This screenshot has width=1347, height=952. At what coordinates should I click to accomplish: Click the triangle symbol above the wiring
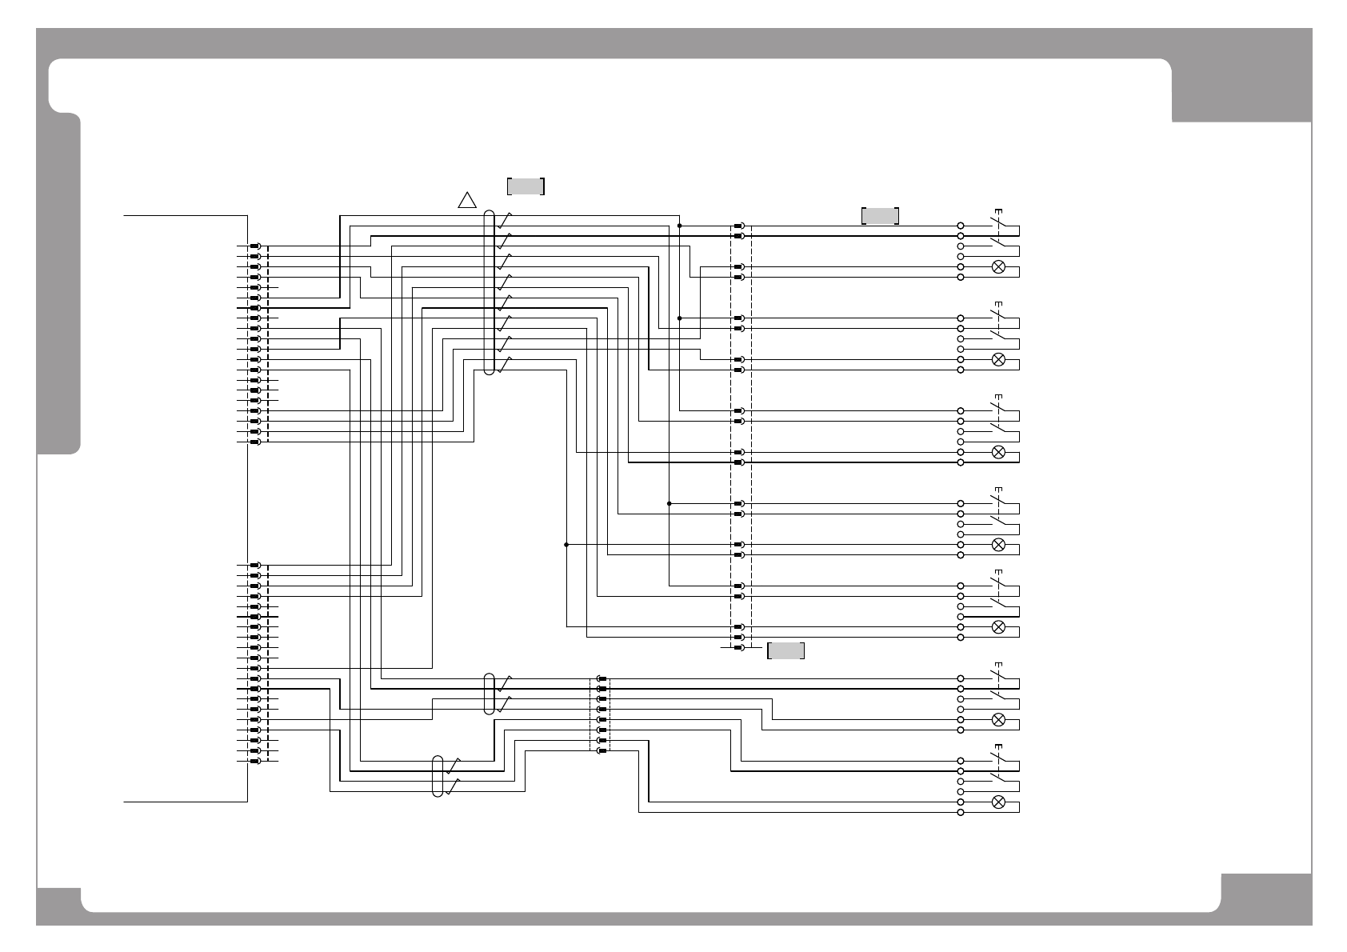point(467,200)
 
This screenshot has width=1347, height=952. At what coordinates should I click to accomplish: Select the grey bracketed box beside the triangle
point(526,186)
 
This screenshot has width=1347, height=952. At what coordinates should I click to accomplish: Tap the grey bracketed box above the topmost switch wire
point(880,216)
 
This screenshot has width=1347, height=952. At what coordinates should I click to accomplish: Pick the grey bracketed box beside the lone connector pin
point(785,650)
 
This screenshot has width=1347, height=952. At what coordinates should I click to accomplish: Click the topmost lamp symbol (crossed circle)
point(998,266)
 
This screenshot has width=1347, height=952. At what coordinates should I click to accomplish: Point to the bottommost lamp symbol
point(998,802)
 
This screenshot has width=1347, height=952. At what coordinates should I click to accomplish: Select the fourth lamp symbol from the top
point(998,545)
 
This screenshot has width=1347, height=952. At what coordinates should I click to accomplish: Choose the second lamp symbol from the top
point(998,359)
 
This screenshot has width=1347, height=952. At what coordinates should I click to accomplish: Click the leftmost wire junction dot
point(566,545)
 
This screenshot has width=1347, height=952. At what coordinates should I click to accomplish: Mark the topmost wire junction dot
point(679,226)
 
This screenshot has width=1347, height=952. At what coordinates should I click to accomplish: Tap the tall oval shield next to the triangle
point(489,292)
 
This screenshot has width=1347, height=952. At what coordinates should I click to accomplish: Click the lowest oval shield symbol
point(438,776)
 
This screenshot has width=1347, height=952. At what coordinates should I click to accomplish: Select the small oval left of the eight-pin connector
point(490,693)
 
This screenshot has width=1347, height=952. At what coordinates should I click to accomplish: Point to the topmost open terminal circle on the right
point(961,226)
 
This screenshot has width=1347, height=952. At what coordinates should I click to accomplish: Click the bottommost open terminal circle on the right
point(961,812)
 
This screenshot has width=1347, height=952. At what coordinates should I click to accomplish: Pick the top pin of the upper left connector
point(255,246)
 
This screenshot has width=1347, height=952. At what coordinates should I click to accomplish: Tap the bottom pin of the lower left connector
point(255,761)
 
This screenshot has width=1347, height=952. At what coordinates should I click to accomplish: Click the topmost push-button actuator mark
point(997,210)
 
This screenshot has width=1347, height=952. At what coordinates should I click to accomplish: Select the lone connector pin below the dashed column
point(739,647)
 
